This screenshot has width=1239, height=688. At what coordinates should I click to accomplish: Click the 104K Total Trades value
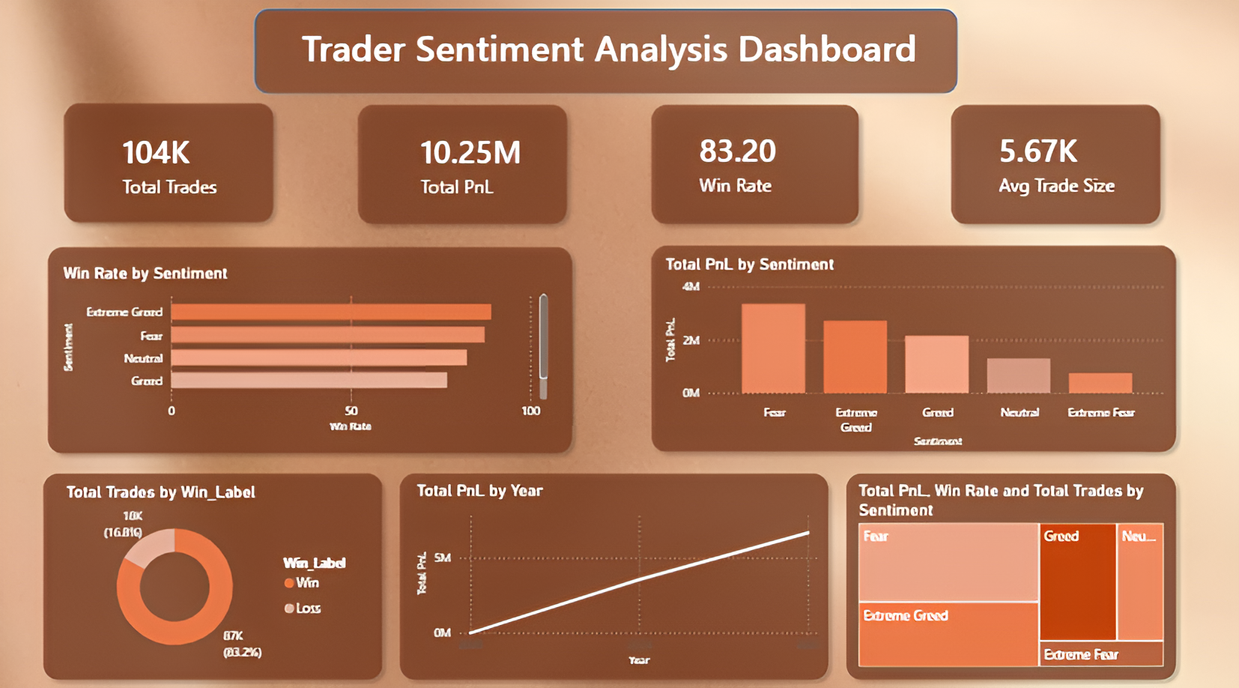pos(156,153)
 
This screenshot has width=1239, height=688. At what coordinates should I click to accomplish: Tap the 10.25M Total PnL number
pos(470,153)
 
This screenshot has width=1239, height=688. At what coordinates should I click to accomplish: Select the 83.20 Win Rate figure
pos(737,151)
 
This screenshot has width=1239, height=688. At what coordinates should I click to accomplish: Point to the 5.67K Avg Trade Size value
pos(1037,152)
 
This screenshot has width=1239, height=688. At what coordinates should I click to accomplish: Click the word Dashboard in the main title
pos(826,49)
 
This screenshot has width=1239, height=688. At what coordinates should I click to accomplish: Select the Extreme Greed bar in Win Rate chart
pos(330,312)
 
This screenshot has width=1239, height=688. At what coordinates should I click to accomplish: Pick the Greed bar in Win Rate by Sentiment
pos(309,381)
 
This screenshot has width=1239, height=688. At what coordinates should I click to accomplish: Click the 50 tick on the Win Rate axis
pos(351,411)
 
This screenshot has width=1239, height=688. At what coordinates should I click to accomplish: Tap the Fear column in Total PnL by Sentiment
pos(773,348)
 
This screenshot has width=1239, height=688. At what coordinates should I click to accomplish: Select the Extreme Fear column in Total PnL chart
pos(1100,383)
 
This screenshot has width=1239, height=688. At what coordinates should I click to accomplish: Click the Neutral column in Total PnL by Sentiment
pos(1018,375)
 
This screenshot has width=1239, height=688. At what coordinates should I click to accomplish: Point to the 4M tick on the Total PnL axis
pos(691,286)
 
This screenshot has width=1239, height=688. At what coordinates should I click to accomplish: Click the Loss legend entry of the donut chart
pos(303,608)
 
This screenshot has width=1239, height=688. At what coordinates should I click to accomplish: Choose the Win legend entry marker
pos(289,583)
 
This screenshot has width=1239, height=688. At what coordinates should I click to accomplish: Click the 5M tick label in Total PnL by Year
pos(443,558)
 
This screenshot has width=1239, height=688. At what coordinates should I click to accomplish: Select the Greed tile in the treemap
pos(1077,581)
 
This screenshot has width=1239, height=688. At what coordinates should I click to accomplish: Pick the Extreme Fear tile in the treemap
pos(1101,654)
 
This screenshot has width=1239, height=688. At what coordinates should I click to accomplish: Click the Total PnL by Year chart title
pos(479,491)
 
